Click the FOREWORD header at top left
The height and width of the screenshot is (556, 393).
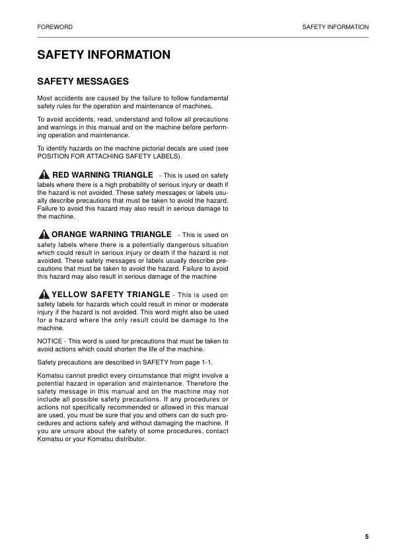55,27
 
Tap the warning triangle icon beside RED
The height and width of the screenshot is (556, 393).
44,174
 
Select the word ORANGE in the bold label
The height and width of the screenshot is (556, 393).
74,234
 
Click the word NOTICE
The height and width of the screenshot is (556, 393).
50,341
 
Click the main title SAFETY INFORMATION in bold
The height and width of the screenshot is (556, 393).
104,55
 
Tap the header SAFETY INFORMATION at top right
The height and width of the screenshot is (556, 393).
335,27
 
